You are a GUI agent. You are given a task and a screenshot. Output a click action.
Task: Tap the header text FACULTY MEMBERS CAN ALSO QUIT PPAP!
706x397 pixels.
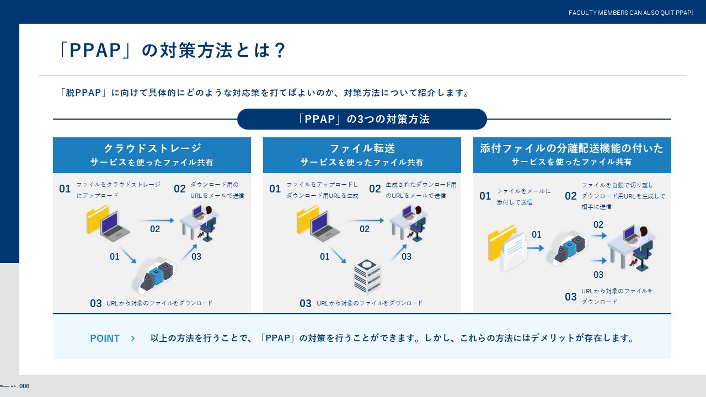point(630,13)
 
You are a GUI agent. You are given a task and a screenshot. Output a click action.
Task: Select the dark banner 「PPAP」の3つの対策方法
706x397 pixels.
point(362,119)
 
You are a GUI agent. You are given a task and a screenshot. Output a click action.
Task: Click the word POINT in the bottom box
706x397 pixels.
point(105,339)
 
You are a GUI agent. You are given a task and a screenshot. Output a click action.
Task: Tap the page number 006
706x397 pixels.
point(24,386)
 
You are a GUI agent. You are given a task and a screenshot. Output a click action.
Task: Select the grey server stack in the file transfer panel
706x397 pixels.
point(367,275)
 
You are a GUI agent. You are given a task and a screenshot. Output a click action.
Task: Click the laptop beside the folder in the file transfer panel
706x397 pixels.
point(324,227)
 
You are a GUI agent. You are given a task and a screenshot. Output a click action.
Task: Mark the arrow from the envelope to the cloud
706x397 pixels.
point(535,248)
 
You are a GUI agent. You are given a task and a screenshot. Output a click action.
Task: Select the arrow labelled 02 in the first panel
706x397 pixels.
point(157,220)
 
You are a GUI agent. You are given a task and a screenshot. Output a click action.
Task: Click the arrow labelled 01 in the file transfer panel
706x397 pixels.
point(338,255)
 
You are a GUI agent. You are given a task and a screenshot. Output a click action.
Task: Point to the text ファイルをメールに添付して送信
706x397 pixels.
point(523,197)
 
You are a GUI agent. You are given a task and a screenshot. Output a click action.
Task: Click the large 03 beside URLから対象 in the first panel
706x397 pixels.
point(96,303)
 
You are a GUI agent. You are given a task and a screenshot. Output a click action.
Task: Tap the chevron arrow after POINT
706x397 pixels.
point(133,339)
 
